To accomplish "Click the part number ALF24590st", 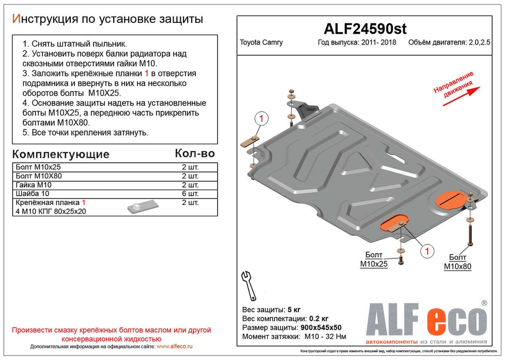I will pyautogui.click(x=364, y=29).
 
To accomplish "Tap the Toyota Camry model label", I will pyautogui.click(x=261, y=43).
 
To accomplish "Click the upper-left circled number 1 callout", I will pyautogui.click(x=261, y=119).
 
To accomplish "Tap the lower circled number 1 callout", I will pyautogui.click(x=427, y=251).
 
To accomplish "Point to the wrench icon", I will pyautogui.click(x=248, y=285).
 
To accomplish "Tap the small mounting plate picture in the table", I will pyautogui.click(x=142, y=206).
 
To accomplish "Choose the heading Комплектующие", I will pyautogui.click(x=60, y=154).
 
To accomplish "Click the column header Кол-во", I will pyautogui.click(x=195, y=153).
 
